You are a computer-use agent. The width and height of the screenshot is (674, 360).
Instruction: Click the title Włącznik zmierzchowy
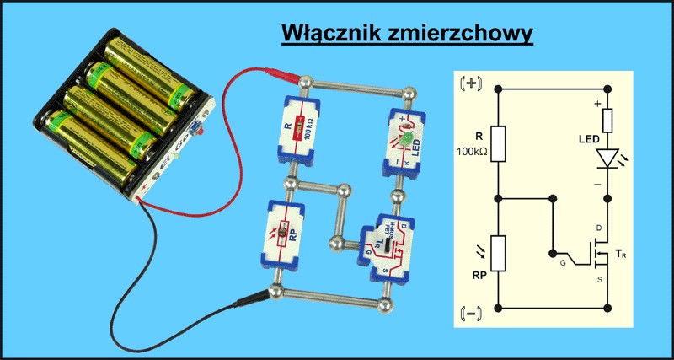tap(406, 34)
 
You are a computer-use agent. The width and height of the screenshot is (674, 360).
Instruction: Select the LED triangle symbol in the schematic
tap(607, 159)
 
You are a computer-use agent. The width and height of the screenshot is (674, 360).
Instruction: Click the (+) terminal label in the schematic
tap(469, 83)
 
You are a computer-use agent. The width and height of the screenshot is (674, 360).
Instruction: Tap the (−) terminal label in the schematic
tap(469, 314)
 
